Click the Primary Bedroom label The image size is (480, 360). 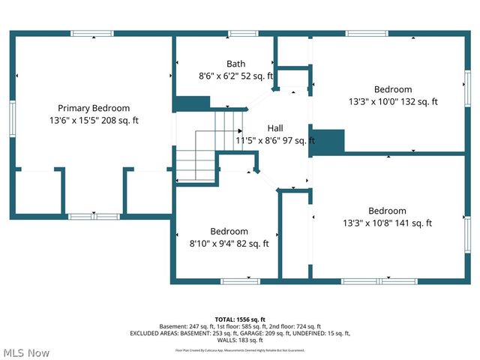pos(94,108)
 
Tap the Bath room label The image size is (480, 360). pos(235,64)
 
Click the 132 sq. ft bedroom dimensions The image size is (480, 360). pos(393,101)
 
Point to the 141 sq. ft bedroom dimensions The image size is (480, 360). pos(387,223)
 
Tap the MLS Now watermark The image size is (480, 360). pos(26,352)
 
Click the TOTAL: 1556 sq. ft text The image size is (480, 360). pos(240,319)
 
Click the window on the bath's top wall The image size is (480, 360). pos(243,33)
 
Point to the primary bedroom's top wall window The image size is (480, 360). pos(92,33)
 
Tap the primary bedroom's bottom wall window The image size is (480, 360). pos(94,217)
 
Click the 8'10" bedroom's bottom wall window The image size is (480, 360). pos(239,281)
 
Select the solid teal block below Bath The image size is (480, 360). pos(192,103)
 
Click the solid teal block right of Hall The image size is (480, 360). pos(328,141)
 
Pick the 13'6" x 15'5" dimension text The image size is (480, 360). pos(94,120)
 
